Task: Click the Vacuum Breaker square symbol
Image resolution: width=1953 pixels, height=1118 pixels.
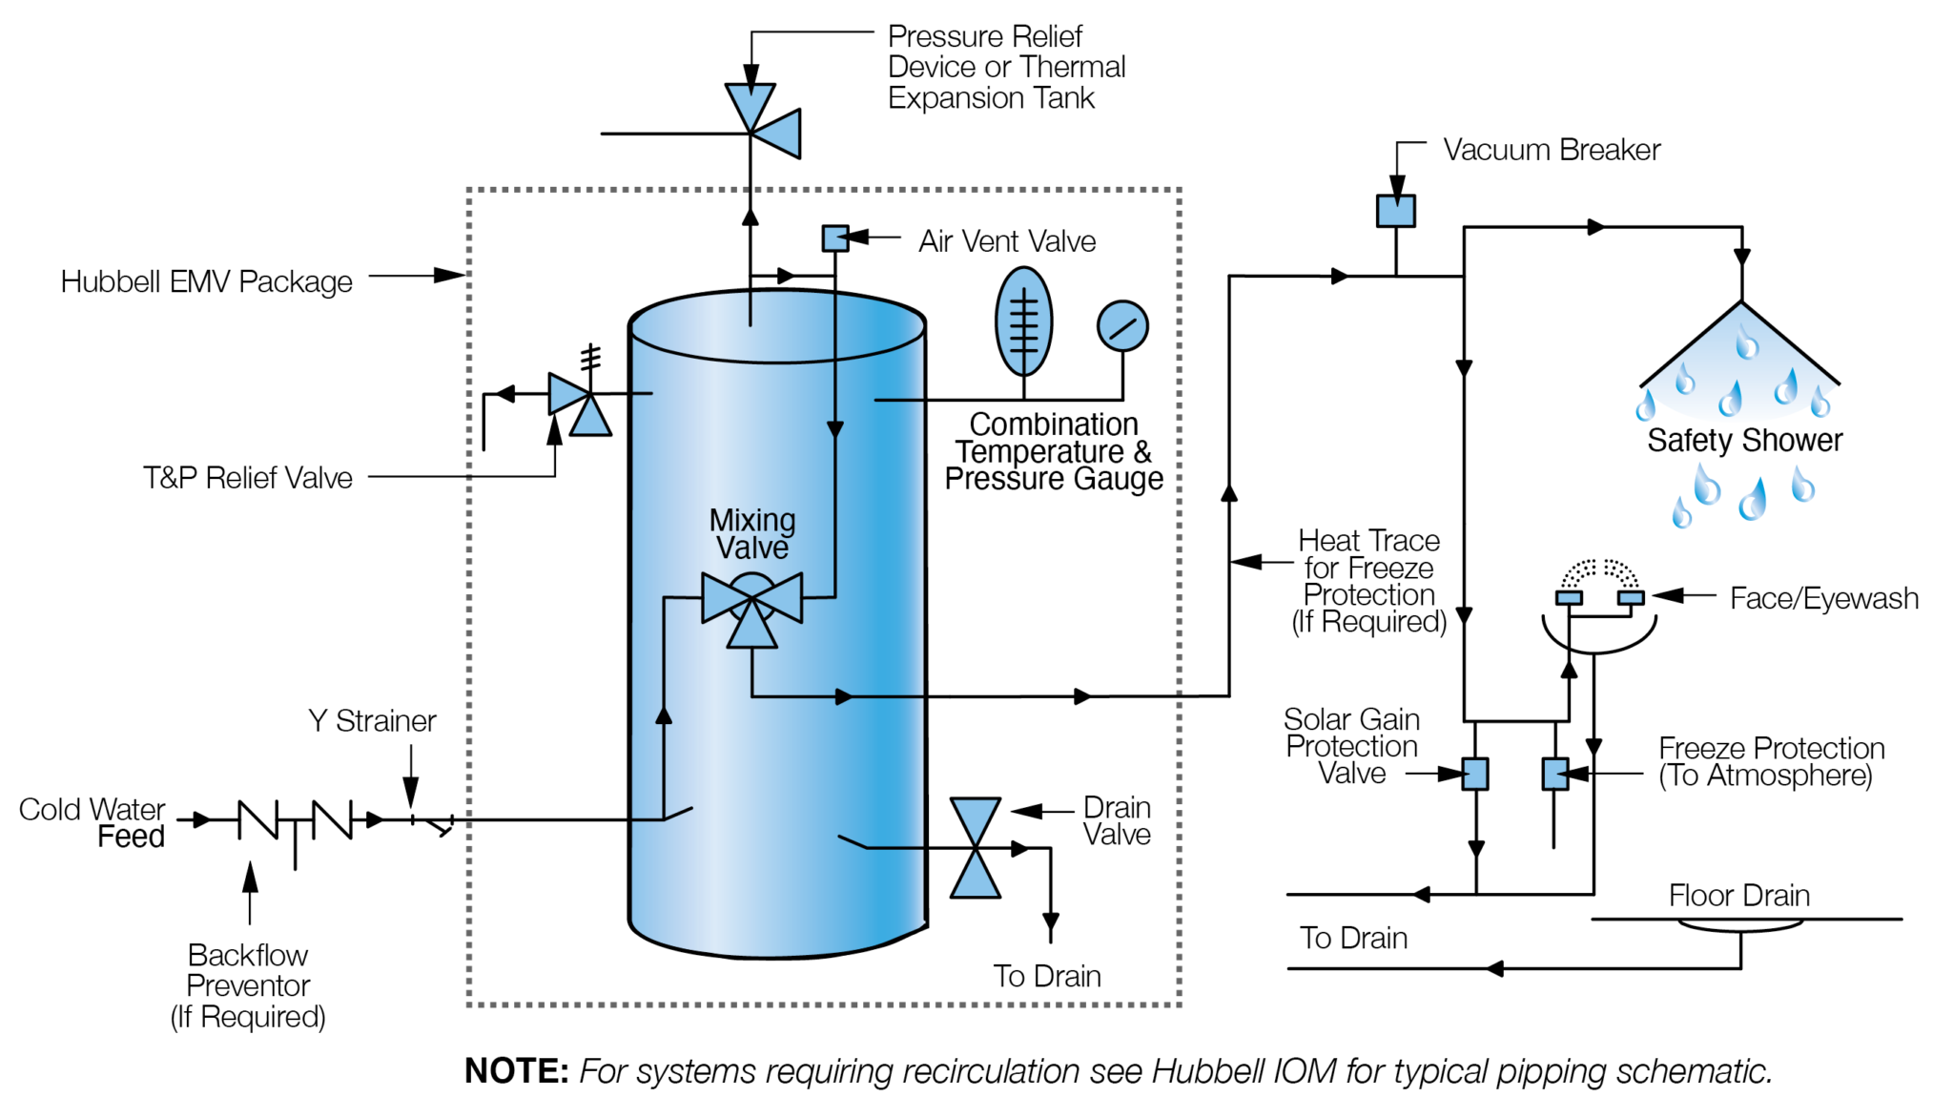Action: pyautogui.click(x=1395, y=211)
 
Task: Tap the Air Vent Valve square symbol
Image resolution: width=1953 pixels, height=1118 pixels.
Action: pyautogui.click(x=835, y=238)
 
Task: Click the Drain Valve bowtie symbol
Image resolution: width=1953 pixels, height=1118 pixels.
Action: pyautogui.click(x=975, y=848)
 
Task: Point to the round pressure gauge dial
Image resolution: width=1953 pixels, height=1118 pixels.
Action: pyautogui.click(x=1122, y=327)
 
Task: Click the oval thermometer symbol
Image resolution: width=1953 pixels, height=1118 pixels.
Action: pyautogui.click(x=1023, y=322)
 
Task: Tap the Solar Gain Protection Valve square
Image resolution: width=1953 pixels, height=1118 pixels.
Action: pyautogui.click(x=1475, y=774)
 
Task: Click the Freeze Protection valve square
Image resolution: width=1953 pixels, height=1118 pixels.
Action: pyautogui.click(x=1555, y=774)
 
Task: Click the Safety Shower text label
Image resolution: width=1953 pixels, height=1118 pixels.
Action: pyautogui.click(x=1744, y=441)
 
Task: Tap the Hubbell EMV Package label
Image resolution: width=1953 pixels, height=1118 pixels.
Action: pyautogui.click(x=206, y=282)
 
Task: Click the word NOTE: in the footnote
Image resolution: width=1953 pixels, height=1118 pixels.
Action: pyautogui.click(x=516, y=1071)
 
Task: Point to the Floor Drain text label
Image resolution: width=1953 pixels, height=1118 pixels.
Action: pyautogui.click(x=1738, y=896)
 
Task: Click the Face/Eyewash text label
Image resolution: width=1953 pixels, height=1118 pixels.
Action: pyautogui.click(x=1823, y=599)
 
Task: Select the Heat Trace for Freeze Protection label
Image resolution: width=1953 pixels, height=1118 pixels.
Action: pyautogui.click(x=1368, y=581)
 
